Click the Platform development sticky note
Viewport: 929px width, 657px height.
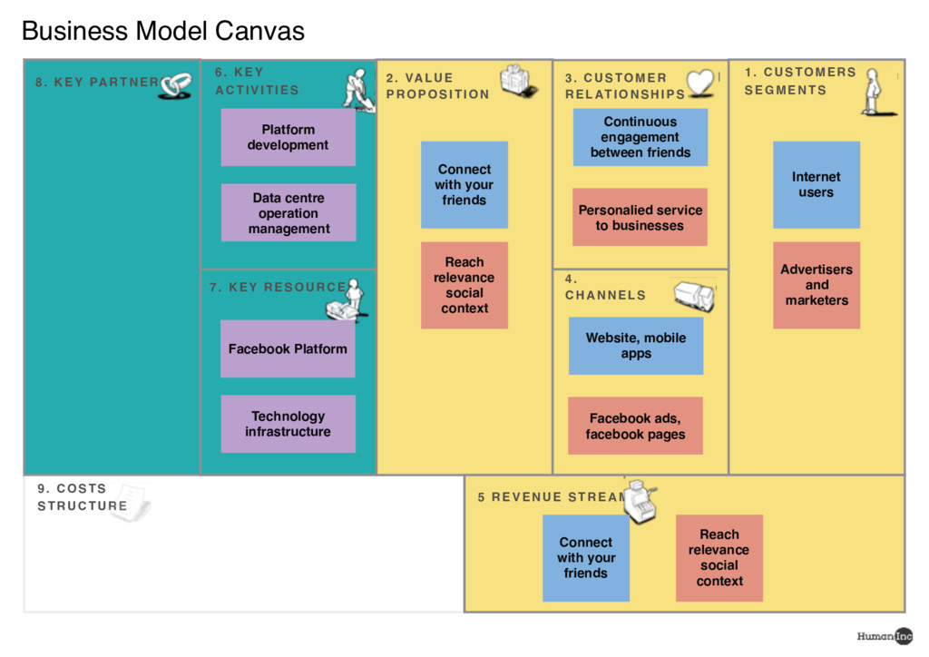[288, 137]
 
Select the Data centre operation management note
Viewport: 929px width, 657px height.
[288, 213]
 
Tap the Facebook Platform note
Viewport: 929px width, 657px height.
[288, 348]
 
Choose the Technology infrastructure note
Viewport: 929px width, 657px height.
[288, 424]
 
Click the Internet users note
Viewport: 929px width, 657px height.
[817, 184]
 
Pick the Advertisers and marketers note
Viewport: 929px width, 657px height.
[817, 285]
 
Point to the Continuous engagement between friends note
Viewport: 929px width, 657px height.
[641, 137]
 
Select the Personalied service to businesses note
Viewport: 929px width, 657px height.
[640, 218]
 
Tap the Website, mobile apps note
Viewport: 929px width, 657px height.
[636, 346]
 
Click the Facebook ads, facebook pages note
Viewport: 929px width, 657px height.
[635, 426]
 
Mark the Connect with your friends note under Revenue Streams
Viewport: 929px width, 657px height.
[586, 558]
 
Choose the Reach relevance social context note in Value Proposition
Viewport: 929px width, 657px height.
[464, 285]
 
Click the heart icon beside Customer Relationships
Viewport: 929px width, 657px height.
[700, 83]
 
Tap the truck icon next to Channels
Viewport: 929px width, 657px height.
[694, 296]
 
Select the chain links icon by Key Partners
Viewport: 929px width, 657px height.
[176, 84]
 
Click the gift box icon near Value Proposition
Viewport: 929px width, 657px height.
[518, 81]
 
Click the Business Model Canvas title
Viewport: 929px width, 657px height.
[162, 32]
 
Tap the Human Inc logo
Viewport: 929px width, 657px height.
[885, 636]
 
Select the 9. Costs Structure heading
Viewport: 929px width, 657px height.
[83, 497]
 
